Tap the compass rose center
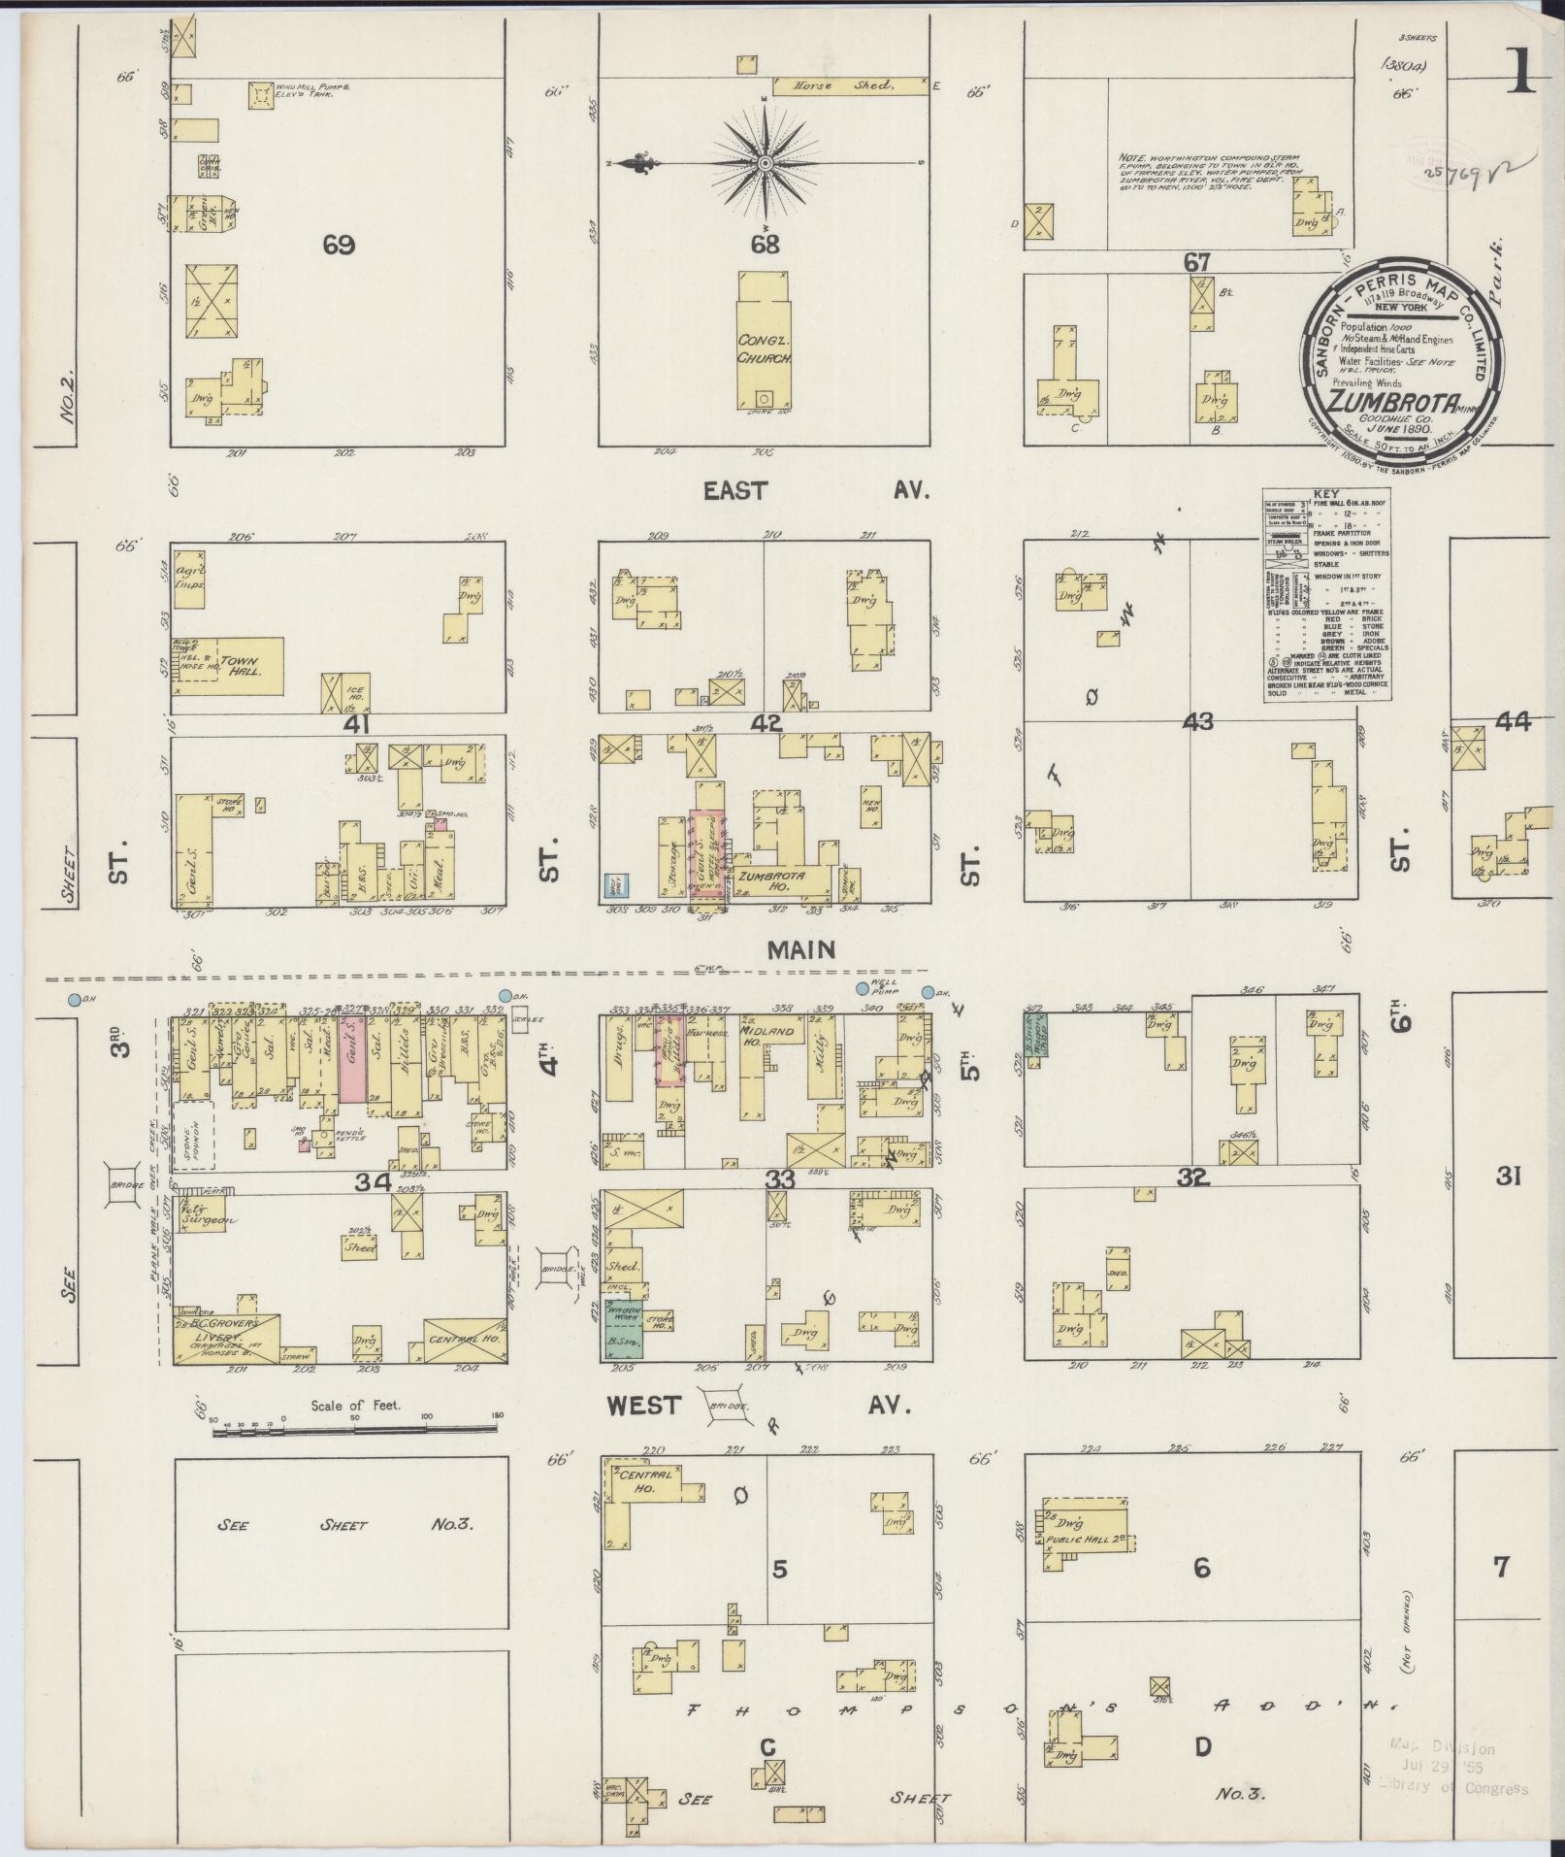[x=765, y=161]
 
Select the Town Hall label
[x=239, y=666]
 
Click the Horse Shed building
[x=841, y=86]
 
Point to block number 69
[x=339, y=246]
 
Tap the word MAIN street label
[x=801, y=948]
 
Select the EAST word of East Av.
[x=735, y=491]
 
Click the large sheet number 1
[x=1521, y=73]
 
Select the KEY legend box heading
[x=1325, y=493]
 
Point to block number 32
[x=1192, y=1178]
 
